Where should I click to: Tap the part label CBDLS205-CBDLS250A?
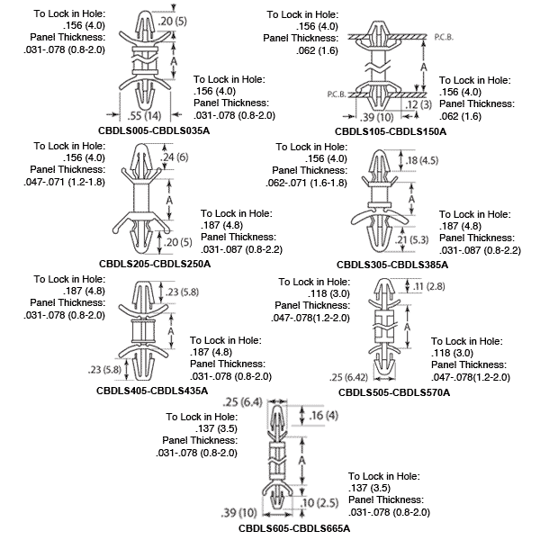tap(154, 264)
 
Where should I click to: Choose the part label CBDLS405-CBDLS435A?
tap(152, 391)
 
